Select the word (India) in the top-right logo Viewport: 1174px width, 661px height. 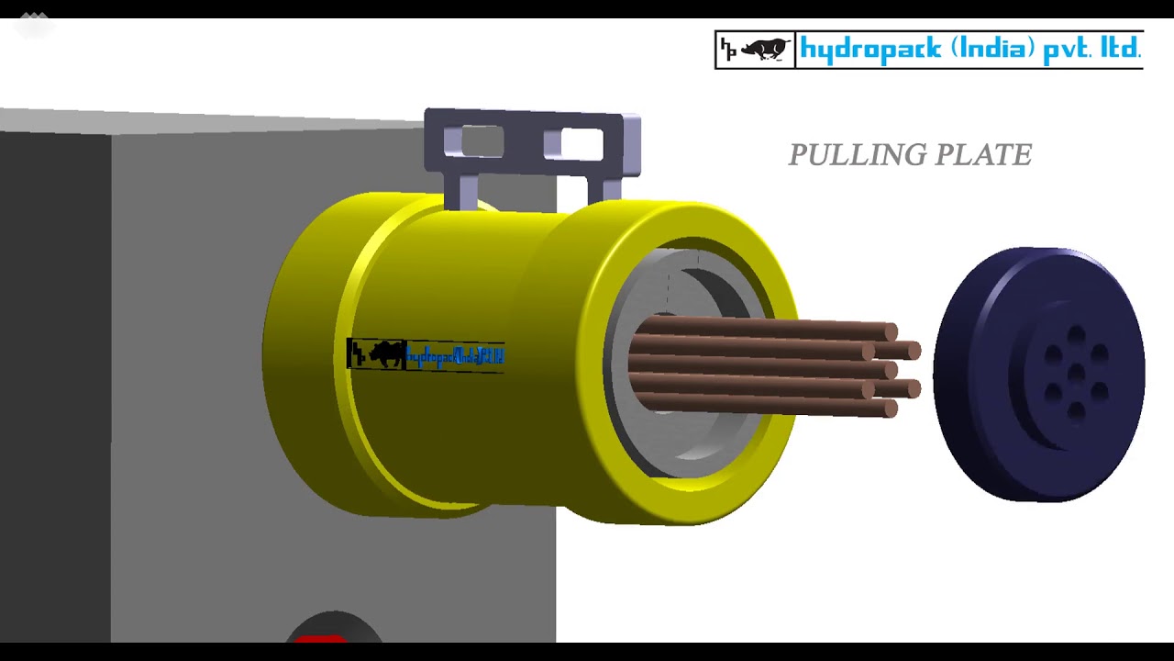(992, 49)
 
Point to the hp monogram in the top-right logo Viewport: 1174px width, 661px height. (728, 50)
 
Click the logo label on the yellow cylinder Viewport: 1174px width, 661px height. (426, 354)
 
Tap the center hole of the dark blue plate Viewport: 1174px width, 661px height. (1076, 374)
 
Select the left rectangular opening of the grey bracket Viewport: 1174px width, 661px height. (474, 142)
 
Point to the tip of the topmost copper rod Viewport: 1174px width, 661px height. (890, 331)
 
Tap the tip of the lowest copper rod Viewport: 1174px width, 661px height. (890, 409)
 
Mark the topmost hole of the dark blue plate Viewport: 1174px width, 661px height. (1076, 335)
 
